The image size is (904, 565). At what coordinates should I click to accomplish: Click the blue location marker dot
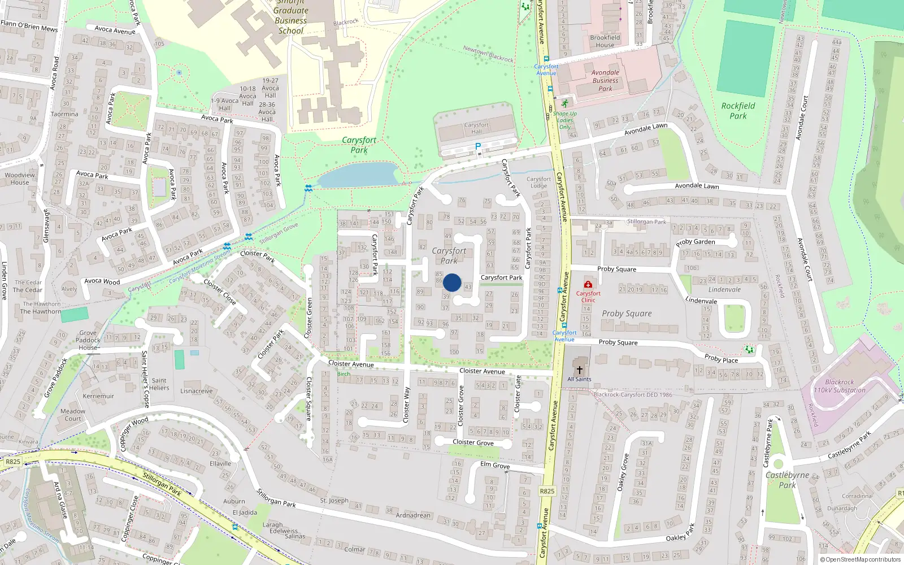click(452, 282)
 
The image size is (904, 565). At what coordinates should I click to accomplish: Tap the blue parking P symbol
click(478, 147)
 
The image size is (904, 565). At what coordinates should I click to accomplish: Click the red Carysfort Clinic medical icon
click(588, 284)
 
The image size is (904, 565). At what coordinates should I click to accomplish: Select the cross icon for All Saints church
click(579, 370)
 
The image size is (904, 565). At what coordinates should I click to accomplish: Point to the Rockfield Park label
click(738, 111)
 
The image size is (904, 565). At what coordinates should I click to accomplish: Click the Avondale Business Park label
click(605, 80)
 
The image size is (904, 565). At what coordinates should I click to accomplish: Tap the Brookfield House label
click(605, 41)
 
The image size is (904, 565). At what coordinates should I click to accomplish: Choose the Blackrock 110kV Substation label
click(839, 386)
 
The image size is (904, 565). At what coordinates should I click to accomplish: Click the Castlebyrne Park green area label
click(787, 480)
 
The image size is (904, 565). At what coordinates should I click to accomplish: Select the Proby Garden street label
click(696, 242)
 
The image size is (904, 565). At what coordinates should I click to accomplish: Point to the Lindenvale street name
click(701, 300)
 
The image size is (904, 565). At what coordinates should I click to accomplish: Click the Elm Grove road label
click(495, 465)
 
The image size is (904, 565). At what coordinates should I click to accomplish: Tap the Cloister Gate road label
click(518, 394)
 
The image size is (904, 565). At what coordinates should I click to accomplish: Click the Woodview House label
click(20, 179)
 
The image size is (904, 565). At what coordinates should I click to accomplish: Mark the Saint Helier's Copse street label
click(146, 379)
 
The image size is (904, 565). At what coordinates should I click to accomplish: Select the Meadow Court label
click(73, 415)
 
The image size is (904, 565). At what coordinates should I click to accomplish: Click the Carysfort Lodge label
click(538, 182)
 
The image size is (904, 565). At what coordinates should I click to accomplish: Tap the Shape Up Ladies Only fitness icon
click(565, 104)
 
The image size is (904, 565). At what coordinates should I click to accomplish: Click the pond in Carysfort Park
click(358, 175)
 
